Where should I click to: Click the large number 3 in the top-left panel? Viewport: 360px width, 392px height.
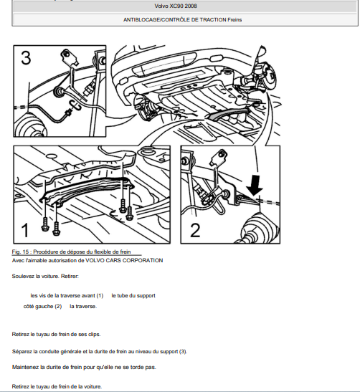click(x=26, y=58)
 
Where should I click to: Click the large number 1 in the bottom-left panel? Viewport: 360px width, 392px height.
click(x=25, y=230)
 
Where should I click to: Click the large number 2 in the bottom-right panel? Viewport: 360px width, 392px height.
click(x=195, y=230)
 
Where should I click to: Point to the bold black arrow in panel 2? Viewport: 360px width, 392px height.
click(x=255, y=185)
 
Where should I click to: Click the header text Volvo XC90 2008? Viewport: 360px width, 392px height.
click(x=176, y=6)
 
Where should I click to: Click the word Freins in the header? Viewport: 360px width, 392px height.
click(x=235, y=20)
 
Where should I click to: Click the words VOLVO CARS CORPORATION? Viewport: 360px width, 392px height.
click(x=124, y=261)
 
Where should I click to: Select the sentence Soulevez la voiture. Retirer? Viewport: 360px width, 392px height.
click(x=45, y=276)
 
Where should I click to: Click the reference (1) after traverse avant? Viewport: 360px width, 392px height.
click(x=100, y=295)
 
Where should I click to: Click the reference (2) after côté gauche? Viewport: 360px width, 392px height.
click(x=58, y=306)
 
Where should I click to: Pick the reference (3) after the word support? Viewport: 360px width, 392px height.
click(x=183, y=351)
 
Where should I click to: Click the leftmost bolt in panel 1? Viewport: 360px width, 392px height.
click(x=45, y=224)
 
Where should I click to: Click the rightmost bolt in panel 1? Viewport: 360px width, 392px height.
click(x=129, y=214)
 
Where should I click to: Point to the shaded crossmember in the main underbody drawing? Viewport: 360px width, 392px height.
click(x=228, y=113)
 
